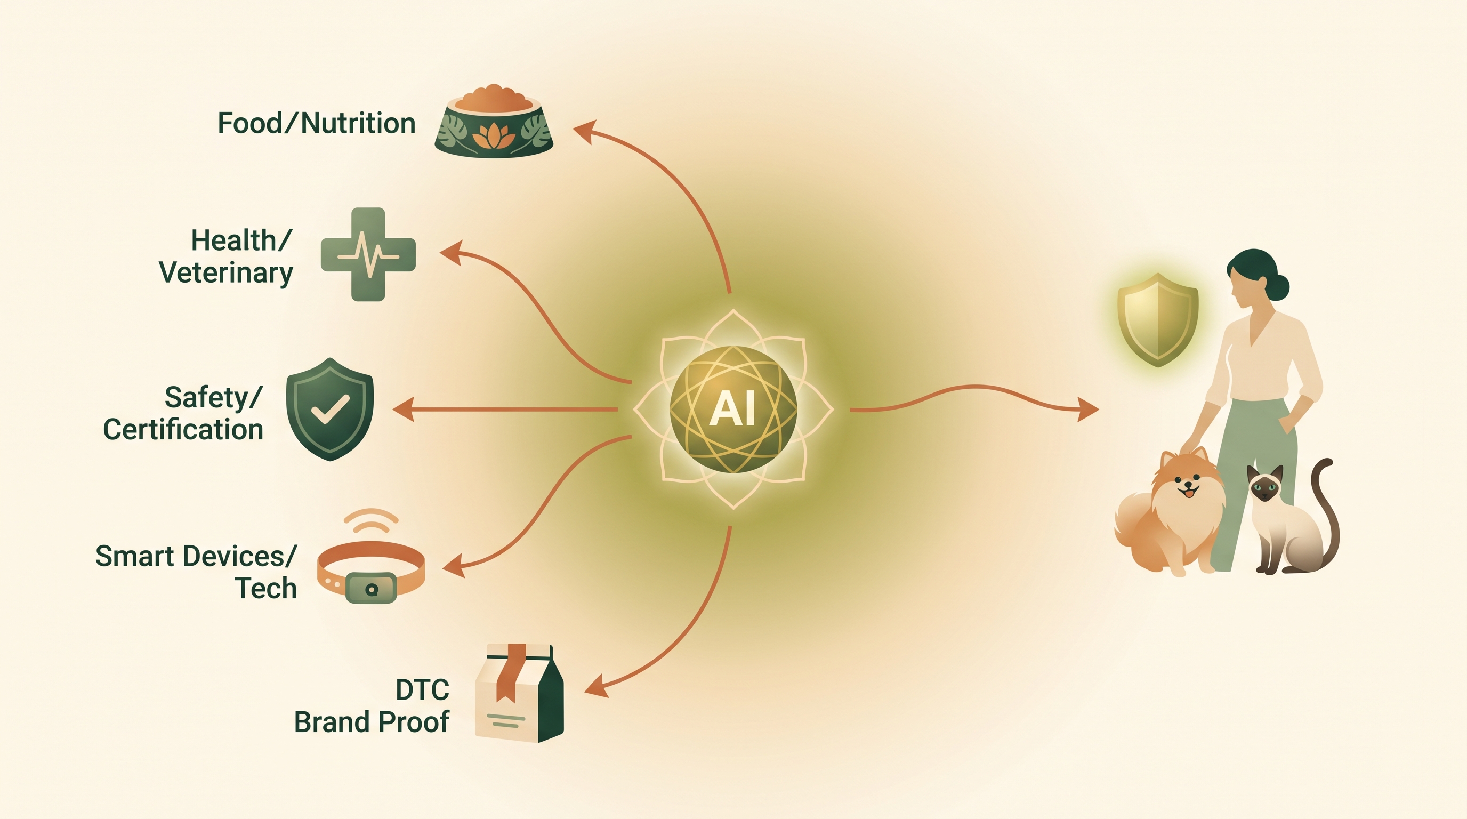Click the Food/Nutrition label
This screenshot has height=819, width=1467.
(317, 124)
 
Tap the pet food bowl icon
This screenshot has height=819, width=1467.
(494, 122)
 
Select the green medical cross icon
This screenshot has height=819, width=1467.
(368, 254)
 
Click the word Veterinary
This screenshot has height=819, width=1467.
(226, 273)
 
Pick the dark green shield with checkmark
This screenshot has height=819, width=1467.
(330, 409)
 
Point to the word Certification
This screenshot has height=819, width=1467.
(183, 429)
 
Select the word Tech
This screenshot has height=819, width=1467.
(267, 588)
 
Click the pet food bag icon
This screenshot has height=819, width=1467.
(519, 693)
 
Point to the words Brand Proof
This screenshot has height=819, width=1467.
(372, 722)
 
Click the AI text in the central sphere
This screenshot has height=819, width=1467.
(733, 409)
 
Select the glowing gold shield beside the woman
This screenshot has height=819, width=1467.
(1158, 320)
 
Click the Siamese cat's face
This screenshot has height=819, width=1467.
(1266, 487)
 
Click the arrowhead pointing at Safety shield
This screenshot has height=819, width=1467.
(403, 409)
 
